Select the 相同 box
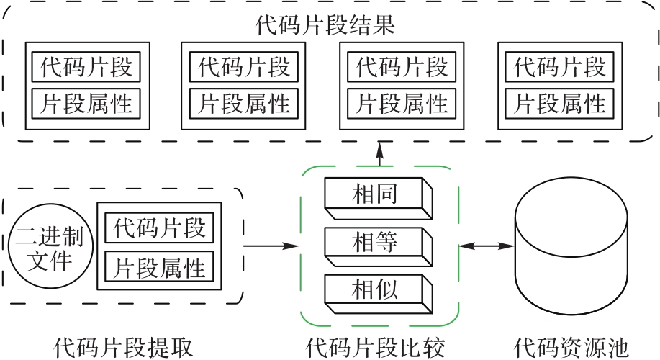(376, 195)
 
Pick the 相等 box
(376, 243)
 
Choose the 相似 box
(376, 290)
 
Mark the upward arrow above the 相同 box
(379, 153)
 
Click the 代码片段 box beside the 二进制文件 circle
(160, 229)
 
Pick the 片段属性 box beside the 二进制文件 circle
(160, 267)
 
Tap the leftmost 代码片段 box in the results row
(86, 68)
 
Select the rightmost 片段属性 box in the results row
(559, 104)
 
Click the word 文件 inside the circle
(49, 260)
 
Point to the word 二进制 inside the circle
(49, 235)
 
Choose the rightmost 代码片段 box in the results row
(559, 68)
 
